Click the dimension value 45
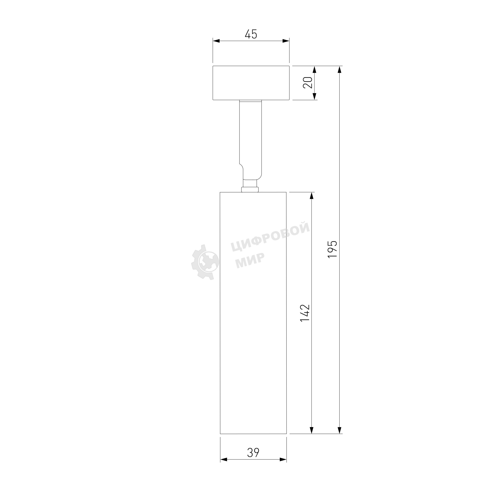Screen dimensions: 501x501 (x=251, y=34)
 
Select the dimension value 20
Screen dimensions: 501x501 (x=308, y=83)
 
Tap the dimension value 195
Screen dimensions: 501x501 (x=332, y=249)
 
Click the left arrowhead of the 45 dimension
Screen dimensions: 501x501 (x=216, y=41)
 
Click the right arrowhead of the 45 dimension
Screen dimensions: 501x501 (x=286, y=41)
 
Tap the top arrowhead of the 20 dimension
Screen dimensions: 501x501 (x=315, y=69)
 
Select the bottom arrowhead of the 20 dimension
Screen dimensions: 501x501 (x=315, y=96)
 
